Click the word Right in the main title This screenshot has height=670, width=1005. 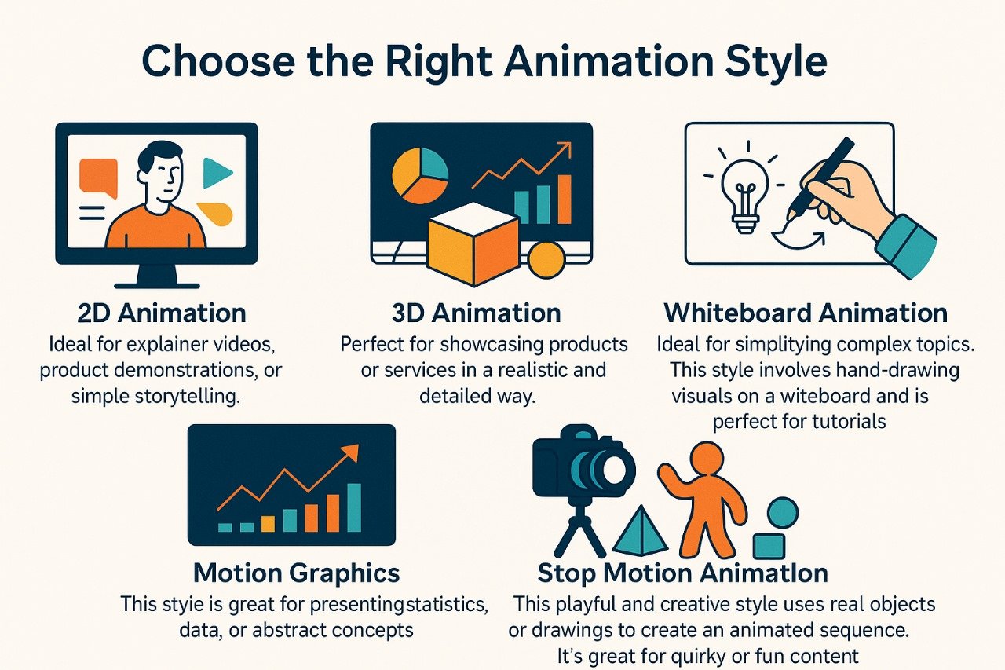point(439,62)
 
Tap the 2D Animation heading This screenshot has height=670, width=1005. point(162,313)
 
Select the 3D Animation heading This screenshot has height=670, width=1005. point(477,313)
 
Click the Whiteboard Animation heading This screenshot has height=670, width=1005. point(806,313)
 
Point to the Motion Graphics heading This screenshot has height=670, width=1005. point(297,574)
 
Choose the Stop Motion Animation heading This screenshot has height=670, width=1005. point(683,574)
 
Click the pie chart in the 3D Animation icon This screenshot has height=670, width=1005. point(420,176)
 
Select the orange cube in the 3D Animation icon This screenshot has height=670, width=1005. point(474,244)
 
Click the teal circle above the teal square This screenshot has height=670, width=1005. point(783,513)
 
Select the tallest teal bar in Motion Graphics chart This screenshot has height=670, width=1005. point(354,507)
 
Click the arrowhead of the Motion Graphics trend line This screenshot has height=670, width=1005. point(351,452)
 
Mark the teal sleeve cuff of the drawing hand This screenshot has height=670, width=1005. point(906,246)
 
